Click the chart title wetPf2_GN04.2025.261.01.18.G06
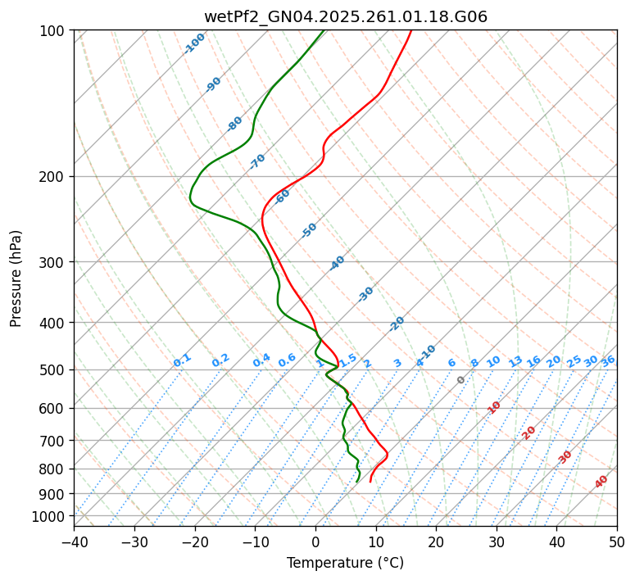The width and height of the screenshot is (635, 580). click(x=345, y=16)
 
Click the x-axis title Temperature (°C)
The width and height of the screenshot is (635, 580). click(x=345, y=564)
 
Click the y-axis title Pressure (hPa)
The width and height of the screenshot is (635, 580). click(x=16, y=279)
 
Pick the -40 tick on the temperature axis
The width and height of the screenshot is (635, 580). click(x=74, y=541)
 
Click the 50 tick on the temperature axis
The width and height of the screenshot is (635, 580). click(x=617, y=541)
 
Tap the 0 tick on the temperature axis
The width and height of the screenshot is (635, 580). click(x=315, y=541)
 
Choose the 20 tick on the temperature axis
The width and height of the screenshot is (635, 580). click(x=436, y=541)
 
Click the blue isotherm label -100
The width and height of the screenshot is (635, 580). click(x=194, y=43)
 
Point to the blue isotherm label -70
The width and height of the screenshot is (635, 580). click(x=257, y=161)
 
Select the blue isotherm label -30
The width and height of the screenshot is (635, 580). click(x=365, y=294)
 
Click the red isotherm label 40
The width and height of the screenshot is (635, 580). click(x=601, y=482)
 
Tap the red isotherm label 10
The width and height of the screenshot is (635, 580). click(x=494, y=407)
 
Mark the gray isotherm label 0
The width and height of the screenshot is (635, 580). click(x=461, y=380)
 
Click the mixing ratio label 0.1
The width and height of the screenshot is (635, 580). click(x=182, y=360)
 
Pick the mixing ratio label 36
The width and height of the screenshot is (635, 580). click(x=608, y=360)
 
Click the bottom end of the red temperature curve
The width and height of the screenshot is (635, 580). click(x=370, y=482)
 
